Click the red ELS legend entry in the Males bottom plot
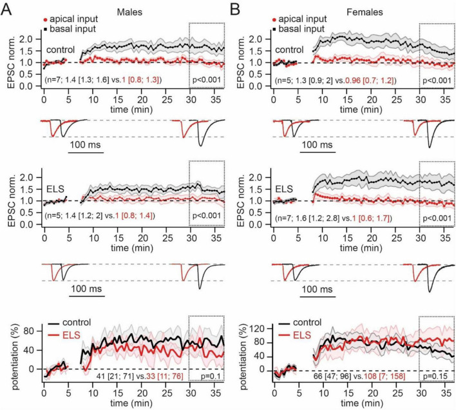click(x=76, y=334)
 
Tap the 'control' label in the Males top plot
click(x=61, y=50)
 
